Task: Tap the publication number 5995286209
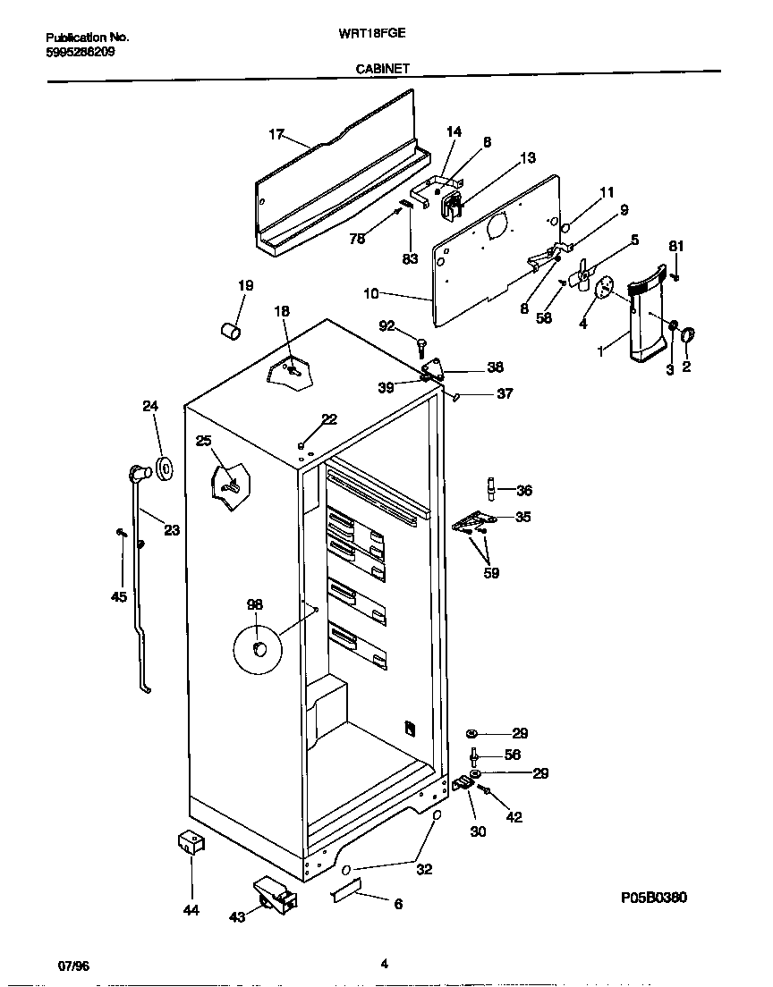coord(80,51)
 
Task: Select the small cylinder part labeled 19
coord(231,332)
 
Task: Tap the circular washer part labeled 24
coord(165,467)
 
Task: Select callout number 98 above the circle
coord(255,605)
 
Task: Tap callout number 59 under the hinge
coord(490,573)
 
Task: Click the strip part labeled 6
coord(345,890)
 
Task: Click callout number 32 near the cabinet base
coord(424,869)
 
